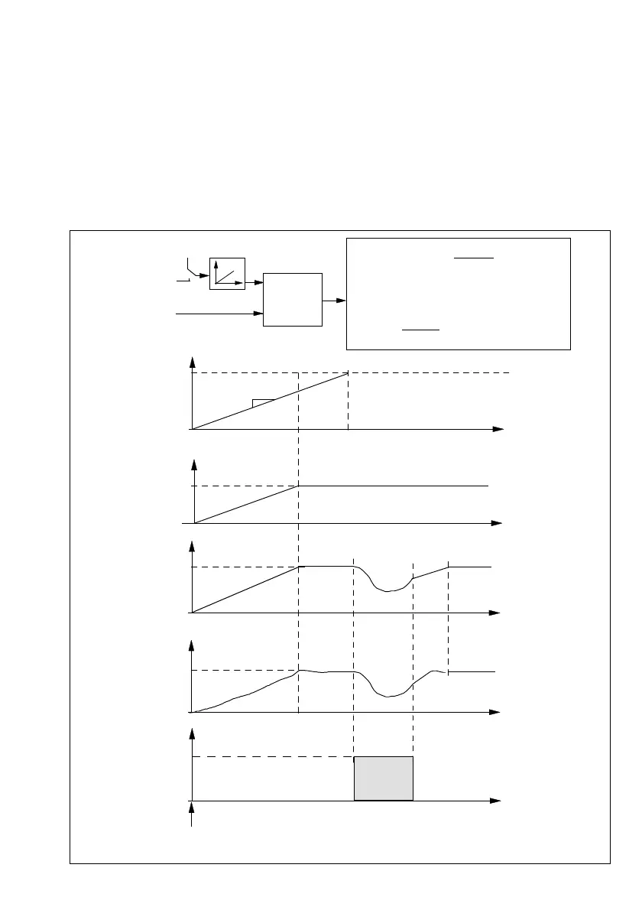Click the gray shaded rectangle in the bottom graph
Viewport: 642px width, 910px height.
tap(383, 778)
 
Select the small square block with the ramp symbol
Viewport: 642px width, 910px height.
tap(227, 274)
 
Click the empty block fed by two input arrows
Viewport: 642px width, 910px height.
tap(292, 299)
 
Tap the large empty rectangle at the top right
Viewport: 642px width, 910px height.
tap(459, 294)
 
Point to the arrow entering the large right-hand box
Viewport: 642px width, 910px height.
tap(334, 301)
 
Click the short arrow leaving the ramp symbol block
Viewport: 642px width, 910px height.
tap(254, 283)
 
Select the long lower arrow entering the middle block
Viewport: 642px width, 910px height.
tap(219, 313)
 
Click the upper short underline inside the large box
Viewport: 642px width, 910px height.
tap(474, 258)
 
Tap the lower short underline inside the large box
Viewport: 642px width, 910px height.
tap(421, 330)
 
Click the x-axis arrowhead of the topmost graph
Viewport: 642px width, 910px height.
tap(499, 429)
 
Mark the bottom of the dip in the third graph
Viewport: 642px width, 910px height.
tap(387, 590)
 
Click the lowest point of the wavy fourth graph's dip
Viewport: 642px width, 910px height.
tap(388, 696)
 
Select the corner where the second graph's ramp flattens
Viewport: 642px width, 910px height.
tap(299, 486)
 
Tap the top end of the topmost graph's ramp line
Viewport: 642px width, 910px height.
tap(348, 372)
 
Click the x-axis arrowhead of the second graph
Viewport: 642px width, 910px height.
tap(497, 523)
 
